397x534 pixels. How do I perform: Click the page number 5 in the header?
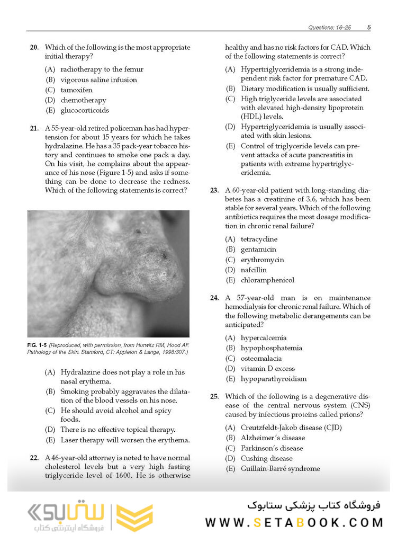tap(368, 28)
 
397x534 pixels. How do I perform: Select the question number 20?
tap(34, 48)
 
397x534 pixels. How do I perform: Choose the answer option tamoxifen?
tap(76, 90)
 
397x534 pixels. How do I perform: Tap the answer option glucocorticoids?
tap(85, 110)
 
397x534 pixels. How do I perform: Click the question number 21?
tap(34, 128)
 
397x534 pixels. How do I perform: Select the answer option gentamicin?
tap(259, 249)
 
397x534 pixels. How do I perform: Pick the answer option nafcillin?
tap(254, 270)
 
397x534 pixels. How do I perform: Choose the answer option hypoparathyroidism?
tap(273, 379)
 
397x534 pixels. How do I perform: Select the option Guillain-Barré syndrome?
tap(280, 468)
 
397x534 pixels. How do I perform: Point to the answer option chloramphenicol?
tap(267, 280)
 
